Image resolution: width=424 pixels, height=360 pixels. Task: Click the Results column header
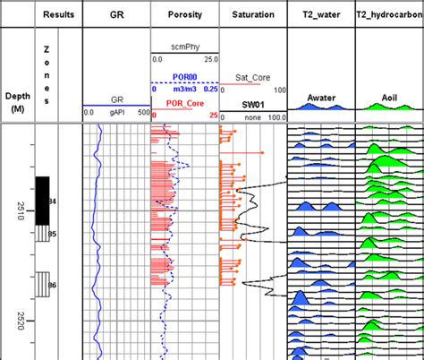point(57,15)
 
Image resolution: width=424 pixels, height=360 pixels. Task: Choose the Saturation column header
point(253,15)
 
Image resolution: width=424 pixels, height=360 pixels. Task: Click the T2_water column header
point(320,15)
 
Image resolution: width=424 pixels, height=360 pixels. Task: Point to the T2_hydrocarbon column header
point(389,15)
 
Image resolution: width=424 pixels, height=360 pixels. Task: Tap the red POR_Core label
point(182,103)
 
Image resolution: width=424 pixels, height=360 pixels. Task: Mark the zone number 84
point(53,201)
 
